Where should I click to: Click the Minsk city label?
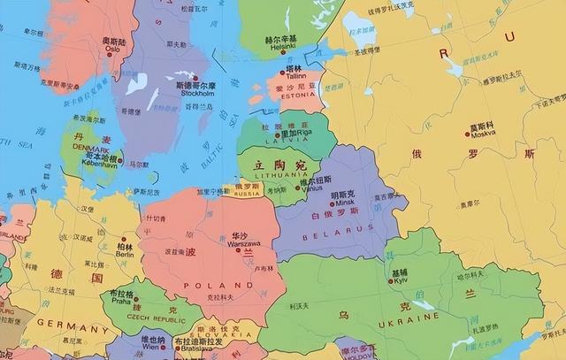pos(342,202)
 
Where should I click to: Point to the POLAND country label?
pos(207,285)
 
